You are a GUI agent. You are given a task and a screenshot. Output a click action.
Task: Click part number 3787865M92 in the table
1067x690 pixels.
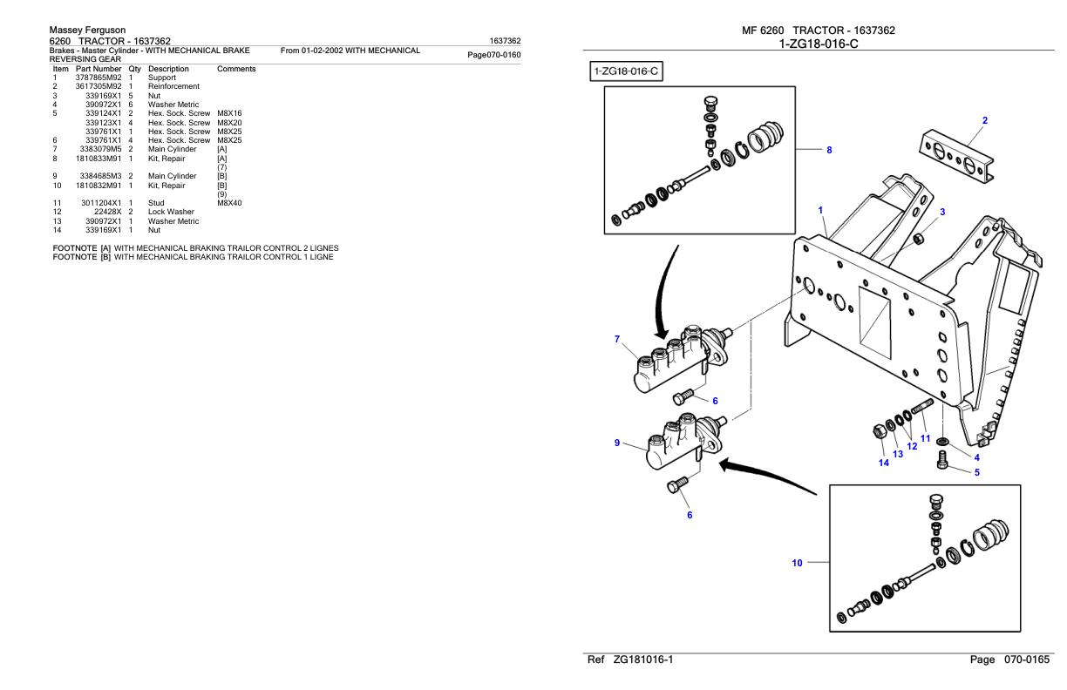tap(99, 78)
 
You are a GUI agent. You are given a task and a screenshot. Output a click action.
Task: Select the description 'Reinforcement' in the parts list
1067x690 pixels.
tap(173, 86)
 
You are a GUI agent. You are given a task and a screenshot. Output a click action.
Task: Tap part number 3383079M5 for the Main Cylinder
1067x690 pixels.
tap(99, 149)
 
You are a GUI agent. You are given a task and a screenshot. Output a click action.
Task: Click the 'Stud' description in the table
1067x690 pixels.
tap(157, 203)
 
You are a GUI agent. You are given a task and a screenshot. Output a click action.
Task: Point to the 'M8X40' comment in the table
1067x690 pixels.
tap(229, 203)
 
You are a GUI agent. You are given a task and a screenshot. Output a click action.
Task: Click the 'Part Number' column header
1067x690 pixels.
tap(99, 69)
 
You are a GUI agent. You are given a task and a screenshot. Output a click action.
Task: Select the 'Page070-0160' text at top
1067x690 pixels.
tap(494, 55)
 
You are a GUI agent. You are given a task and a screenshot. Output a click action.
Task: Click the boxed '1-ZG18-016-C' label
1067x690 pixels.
tap(626, 71)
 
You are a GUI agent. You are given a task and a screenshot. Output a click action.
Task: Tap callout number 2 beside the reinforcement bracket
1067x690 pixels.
tap(985, 120)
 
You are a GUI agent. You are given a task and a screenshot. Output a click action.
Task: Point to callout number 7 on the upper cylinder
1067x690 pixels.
tap(616, 338)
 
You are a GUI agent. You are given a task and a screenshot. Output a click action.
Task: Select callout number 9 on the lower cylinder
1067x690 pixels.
tap(616, 443)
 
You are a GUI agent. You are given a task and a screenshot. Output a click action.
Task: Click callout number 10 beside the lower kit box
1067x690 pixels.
tap(797, 564)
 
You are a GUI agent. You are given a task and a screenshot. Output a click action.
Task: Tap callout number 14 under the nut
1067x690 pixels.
tap(883, 463)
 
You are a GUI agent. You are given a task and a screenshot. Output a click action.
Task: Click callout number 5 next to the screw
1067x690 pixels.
tap(976, 473)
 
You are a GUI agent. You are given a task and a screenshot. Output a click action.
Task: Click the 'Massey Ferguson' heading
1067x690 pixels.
tap(88, 30)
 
